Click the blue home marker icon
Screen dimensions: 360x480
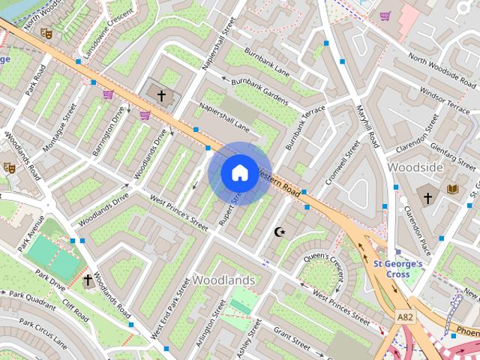coord(238,173)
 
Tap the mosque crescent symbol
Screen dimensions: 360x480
coord(280,232)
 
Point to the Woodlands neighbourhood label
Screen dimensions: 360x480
coord(223,280)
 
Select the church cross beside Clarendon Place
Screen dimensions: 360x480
coord(428,198)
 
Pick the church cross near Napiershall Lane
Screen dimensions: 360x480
coord(160,95)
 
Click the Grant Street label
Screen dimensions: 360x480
coord(292,339)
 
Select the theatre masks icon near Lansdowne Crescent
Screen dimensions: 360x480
coord(46,34)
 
